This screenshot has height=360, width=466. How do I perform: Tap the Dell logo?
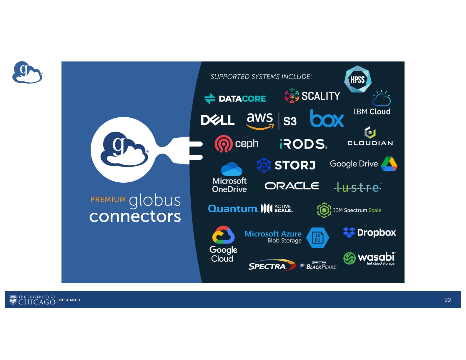coord(217,120)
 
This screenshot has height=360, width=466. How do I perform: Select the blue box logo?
coord(327,119)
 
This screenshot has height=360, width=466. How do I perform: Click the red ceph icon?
coord(223,144)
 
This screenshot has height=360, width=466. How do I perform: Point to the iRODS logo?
coord(303,144)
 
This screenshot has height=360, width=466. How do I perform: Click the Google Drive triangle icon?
coord(389,164)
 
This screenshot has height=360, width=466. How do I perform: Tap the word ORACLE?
coord(292,186)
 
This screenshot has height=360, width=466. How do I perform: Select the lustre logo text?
coord(358,187)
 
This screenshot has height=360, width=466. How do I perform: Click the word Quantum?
coord(233,209)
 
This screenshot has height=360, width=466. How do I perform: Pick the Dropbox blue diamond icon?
coord(349,232)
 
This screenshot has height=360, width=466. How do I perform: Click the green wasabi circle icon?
coord(349,258)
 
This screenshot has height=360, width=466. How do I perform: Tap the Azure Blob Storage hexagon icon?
coord(318,237)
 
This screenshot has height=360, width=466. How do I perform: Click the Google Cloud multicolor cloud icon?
coord(223,235)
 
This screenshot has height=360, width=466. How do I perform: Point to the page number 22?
coord(447,300)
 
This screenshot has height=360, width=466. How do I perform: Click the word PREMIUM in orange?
coord(108,199)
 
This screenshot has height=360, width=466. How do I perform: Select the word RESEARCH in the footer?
coord(70,300)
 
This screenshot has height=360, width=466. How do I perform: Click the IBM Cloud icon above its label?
coord(382,98)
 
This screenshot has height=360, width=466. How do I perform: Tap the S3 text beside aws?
coord(290,121)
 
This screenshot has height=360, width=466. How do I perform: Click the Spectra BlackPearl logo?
coord(318,266)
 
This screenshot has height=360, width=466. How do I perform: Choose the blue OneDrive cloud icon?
coord(232,169)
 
